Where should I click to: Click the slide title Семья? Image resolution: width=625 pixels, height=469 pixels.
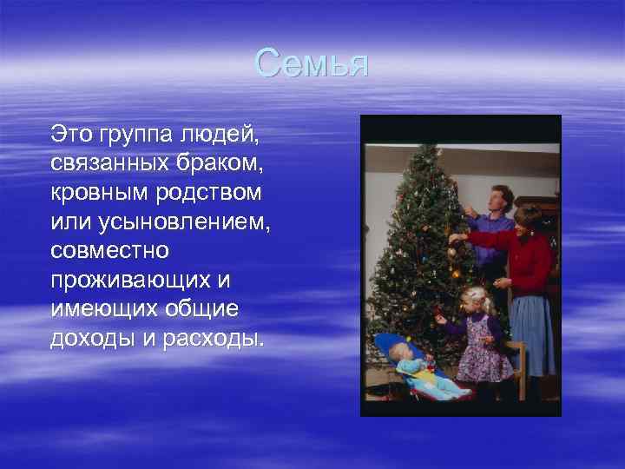312,64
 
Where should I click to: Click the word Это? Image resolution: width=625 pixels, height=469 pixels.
71,135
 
